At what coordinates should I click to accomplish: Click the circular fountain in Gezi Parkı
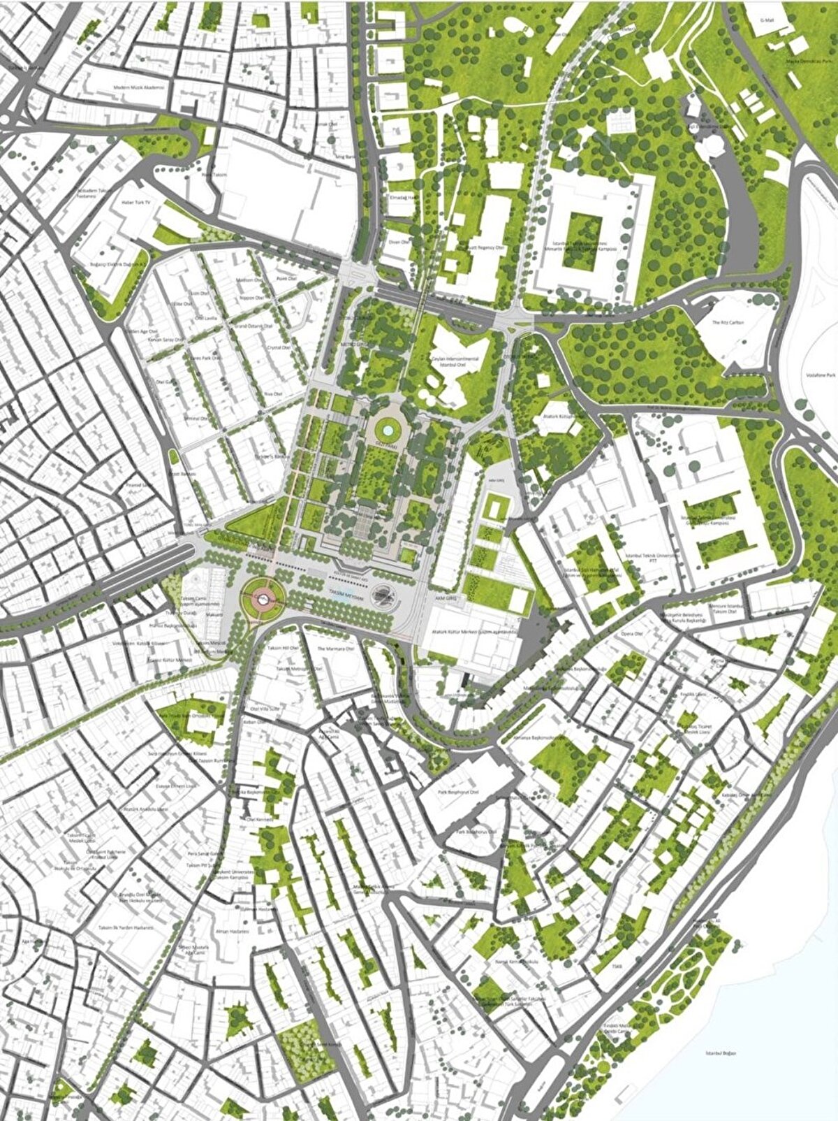pos(385,427)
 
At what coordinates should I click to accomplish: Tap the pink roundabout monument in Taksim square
pos(263,597)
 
